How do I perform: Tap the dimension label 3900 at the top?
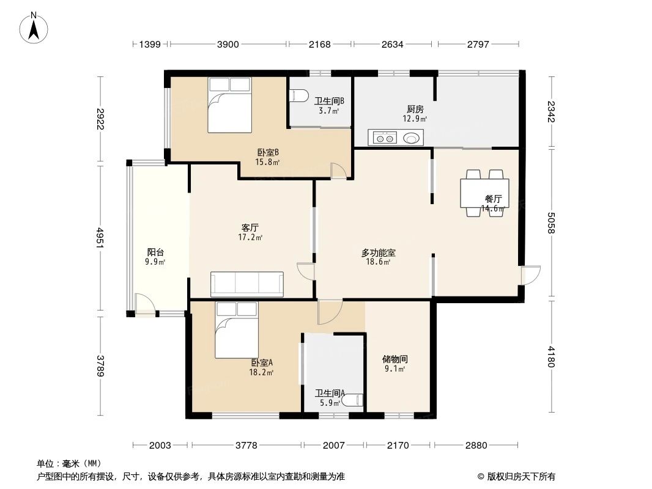(229, 44)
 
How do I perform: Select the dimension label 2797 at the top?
(478, 44)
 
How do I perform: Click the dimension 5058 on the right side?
(552, 223)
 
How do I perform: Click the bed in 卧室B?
(229, 105)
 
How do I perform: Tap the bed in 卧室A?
(235, 330)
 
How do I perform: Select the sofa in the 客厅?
(246, 284)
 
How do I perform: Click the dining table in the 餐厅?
(484, 193)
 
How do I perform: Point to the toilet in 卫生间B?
(298, 96)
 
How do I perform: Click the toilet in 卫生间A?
(353, 401)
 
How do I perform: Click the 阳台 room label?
(155, 252)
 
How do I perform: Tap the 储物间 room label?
(395, 359)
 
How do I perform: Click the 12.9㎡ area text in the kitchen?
(414, 119)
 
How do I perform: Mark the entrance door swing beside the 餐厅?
(531, 276)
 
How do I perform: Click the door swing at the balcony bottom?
(144, 304)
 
